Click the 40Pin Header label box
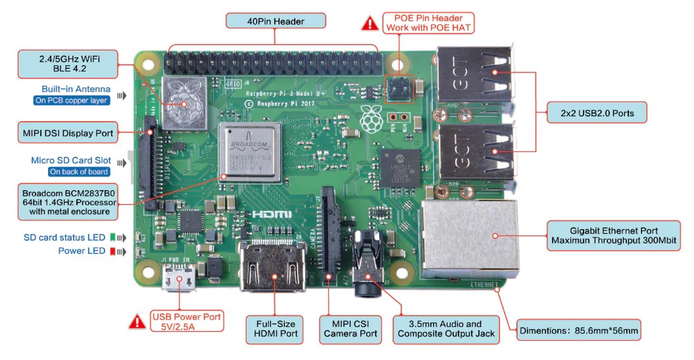click(x=276, y=21)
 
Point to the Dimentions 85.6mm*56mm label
click(x=578, y=331)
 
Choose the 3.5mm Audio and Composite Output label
click(x=446, y=328)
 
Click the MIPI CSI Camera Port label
click(x=351, y=328)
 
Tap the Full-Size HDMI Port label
click(x=275, y=328)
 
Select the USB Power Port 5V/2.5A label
click(x=187, y=321)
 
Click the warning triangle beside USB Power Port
click(x=137, y=321)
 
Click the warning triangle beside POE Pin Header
click(x=370, y=23)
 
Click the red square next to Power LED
click(x=112, y=251)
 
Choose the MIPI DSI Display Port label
click(x=68, y=133)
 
